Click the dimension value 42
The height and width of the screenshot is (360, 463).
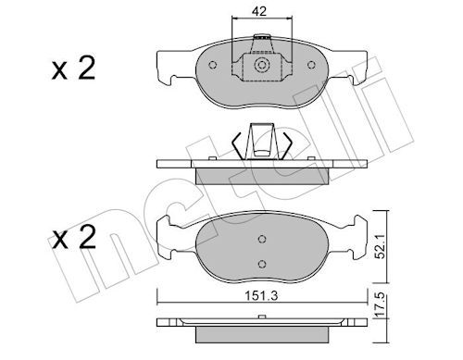point(261,12)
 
